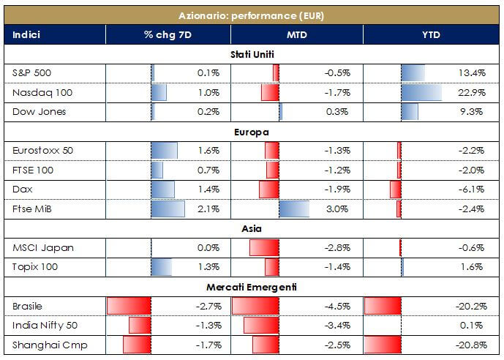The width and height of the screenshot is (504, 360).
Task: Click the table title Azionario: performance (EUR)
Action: [252, 15]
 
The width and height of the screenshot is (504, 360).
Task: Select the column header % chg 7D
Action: [168, 34]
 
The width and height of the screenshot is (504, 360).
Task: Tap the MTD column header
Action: [297, 34]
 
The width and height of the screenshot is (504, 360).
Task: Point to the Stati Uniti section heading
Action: [252, 54]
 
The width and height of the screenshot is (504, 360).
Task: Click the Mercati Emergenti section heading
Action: [252, 287]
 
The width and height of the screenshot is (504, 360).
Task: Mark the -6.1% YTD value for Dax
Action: [472, 190]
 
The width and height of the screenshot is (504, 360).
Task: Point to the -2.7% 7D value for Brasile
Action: [208, 306]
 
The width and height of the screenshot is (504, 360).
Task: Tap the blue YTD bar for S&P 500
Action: [413, 73]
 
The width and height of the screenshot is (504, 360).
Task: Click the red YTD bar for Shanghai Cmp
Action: [383, 345]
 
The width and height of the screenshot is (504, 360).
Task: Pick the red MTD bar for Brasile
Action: [255, 306]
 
